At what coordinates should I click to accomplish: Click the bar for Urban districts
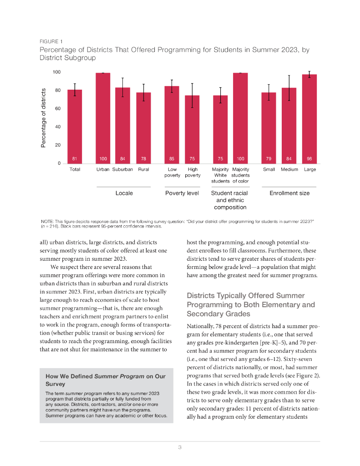[103, 118]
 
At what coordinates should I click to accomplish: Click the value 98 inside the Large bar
[309, 159]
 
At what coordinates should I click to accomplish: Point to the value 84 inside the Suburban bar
[122, 159]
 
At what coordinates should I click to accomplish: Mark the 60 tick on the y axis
[57, 109]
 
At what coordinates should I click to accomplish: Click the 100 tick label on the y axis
[56, 72]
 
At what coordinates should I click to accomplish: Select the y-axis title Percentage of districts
[44, 118]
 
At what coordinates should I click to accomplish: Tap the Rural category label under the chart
[143, 170]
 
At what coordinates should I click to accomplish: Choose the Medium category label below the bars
[289, 170]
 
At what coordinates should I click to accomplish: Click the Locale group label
[124, 193]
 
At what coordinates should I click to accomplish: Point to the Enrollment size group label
[289, 193]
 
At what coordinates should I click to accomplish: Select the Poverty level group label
[182, 193]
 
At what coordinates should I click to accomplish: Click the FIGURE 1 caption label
[51, 41]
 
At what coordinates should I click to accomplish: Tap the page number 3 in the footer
[180, 448]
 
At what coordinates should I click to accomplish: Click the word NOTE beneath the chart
[47, 221]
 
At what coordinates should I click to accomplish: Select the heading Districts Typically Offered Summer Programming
[251, 304]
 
